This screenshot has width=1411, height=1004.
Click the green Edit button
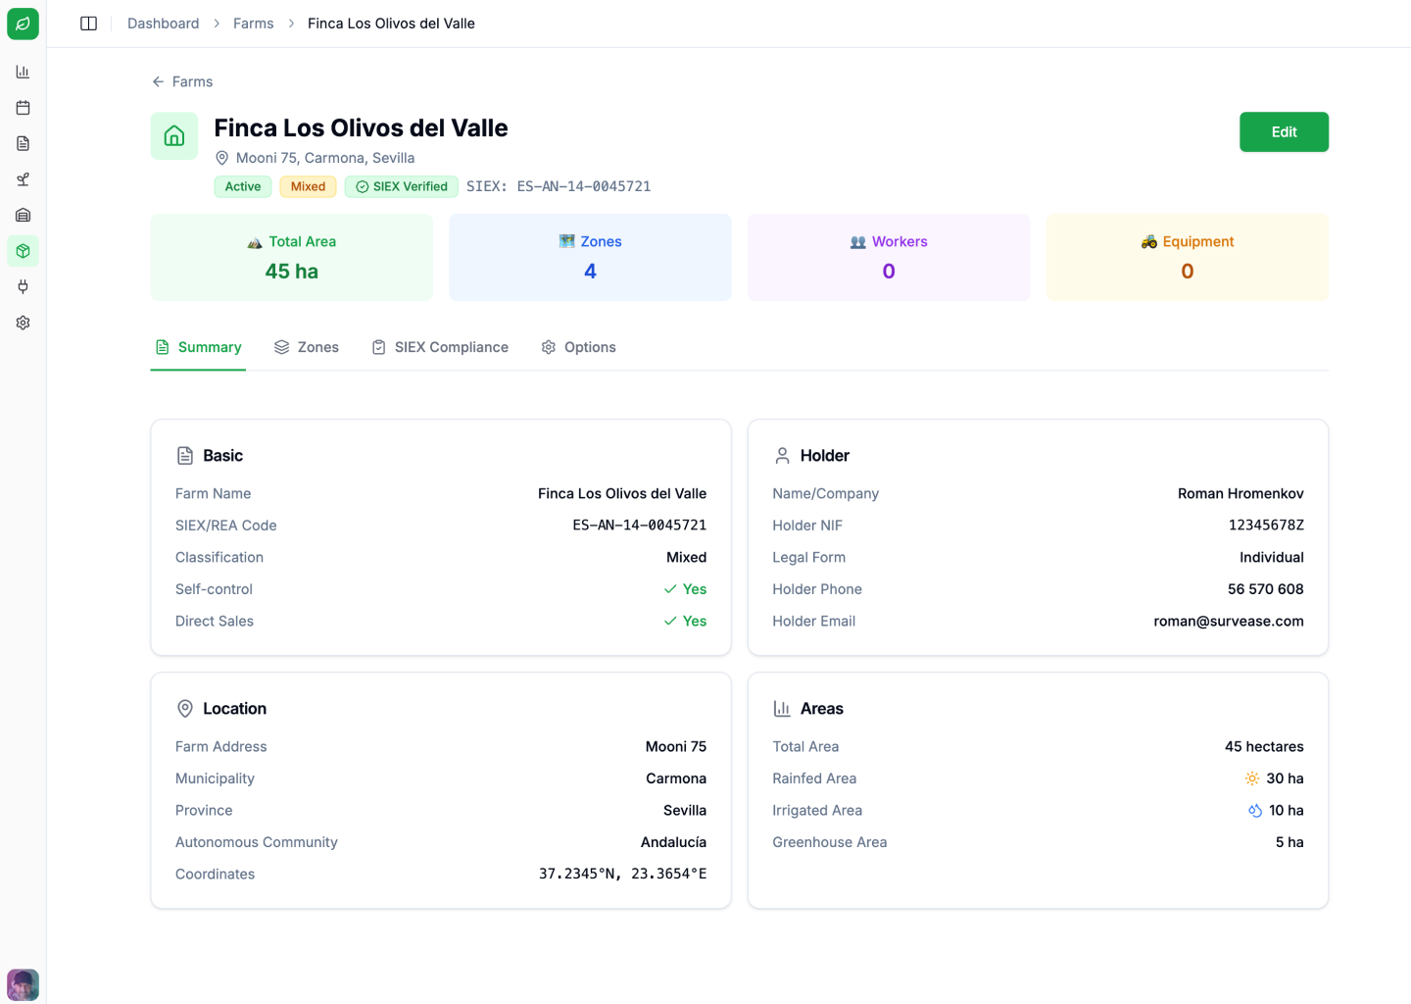pos(1284,132)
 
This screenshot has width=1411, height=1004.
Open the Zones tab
pos(307,347)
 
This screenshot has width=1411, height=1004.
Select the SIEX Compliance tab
pos(440,347)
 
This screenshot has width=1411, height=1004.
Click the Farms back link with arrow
pos(182,81)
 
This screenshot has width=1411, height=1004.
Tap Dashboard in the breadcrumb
pos(163,24)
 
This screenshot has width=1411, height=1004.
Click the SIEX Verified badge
pos(402,186)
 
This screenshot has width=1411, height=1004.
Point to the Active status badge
pos(243,186)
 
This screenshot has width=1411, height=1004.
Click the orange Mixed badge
pos(308,186)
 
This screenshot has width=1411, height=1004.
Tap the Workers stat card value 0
pos(889,272)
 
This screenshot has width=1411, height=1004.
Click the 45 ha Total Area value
pos(291,272)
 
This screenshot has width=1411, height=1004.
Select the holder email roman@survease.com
pos(1228,621)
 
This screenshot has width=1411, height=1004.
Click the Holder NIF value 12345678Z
pos(1266,526)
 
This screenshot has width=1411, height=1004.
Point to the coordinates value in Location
pos(622,874)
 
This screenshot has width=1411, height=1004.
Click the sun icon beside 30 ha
pos(1252,778)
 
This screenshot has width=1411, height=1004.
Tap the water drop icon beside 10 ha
pos(1255,811)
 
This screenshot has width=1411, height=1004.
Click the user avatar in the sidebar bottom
pos(23,984)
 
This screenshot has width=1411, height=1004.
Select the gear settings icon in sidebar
pos(23,323)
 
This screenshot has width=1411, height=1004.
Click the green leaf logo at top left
pos(23,24)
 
